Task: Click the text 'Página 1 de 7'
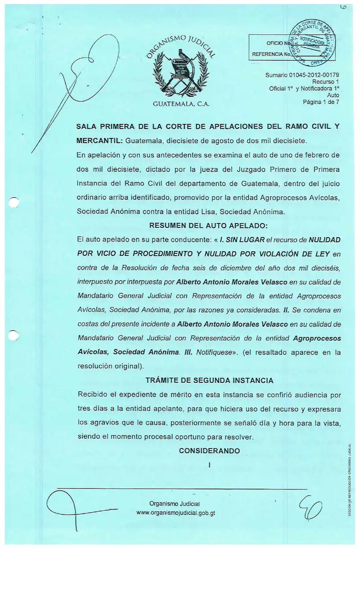[321, 102]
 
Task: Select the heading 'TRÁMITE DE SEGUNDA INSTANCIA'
[209, 380]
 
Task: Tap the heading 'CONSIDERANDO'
[209, 451]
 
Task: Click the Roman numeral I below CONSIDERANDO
[209, 464]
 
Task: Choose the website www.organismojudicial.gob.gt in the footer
[175, 513]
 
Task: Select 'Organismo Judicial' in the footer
[175, 503]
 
